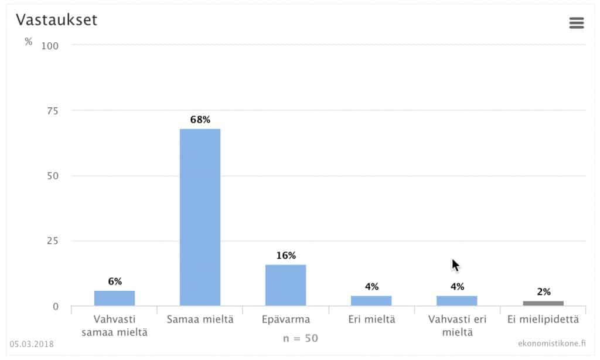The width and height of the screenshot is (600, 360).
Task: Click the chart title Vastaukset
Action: pyautogui.click(x=56, y=20)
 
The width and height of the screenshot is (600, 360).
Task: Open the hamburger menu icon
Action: pyautogui.click(x=577, y=23)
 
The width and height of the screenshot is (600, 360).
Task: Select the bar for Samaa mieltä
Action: pyautogui.click(x=200, y=217)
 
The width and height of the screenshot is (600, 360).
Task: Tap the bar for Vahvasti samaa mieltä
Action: pyautogui.click(x=114, y=298)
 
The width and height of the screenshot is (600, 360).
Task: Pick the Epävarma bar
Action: pyautogui.click(x=285, y=285)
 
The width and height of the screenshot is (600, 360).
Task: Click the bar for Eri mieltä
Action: pyautogui.click(x=371, y=300)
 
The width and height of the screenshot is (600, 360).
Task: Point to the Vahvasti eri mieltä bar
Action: pyautogui.click(x=456, y=300)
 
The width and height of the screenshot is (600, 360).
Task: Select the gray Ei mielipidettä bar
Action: pyautogui.click(x=543, y=303)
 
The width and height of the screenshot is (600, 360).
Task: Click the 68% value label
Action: pyautogui.click(x=200, y=120)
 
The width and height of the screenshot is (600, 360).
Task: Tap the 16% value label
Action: pyautogui.click(x=286, y=256)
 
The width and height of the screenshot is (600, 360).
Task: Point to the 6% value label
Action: pyautogui.click(x=115, y=281)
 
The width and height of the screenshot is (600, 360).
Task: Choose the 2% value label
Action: pyautogui.click(x=543, y=292)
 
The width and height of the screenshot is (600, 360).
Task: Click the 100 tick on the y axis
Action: pyautogui.click(x=50, y=45)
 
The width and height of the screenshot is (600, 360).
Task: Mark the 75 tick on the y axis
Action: pyautogui.click(x=52, y=110)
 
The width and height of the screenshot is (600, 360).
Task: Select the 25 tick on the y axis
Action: pyautogui.click(x=52, y=241)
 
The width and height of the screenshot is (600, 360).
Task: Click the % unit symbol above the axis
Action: pyautogui.click(x=29, y=42)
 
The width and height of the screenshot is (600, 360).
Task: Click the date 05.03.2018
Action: pyautogui.click(x=32, y=344)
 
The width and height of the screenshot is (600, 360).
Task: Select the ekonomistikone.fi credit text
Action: pyautogui.click(x=551, y=344)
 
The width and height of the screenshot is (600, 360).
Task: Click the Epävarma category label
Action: pyautogui.click(x=285, y=320)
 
